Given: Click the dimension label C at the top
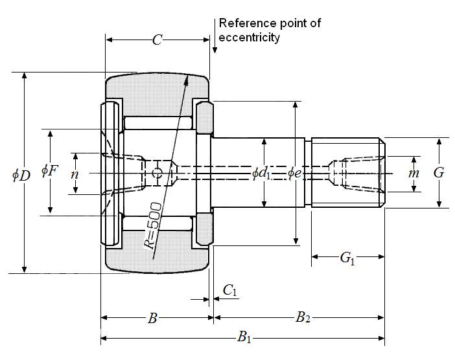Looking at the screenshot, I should point(157,40).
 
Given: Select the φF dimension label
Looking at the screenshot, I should point(49,171).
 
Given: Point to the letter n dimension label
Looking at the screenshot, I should point(75,174).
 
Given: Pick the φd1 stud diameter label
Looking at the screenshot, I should point(262,173).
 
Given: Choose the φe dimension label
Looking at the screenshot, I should point(294,173).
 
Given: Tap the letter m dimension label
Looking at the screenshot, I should point(414,174).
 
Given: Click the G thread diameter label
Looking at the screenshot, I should point(439,173).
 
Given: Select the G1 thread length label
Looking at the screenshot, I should point(347,258).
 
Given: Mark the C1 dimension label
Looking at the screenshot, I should point(230,291).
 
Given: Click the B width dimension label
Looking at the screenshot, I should point(153,318).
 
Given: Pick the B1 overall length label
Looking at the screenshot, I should point(244,337).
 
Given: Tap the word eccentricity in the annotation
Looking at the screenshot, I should point(250,38).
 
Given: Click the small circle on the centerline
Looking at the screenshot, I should point(156,173).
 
